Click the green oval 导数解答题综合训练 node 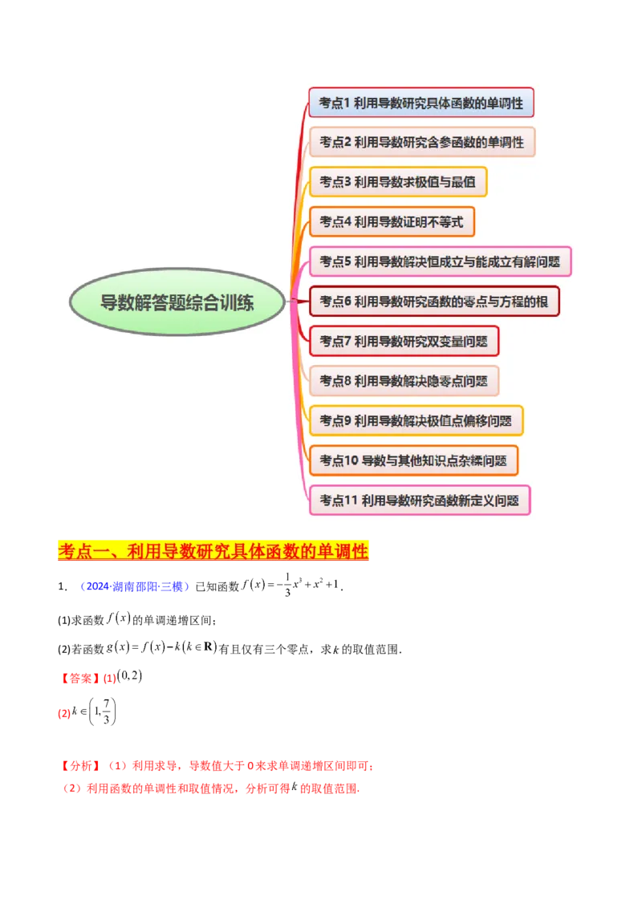(177, 302)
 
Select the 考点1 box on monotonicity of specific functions (421, 103)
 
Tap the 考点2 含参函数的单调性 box (421, 142)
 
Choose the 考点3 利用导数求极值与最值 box (397, 182)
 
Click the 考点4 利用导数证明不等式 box (392, 221)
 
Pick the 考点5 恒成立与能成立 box (440, 261)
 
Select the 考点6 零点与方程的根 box (433, 302)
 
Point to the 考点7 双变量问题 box (404, 341)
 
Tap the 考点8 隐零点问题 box (404, 381)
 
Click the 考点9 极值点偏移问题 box (416, 420)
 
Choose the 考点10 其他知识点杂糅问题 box (413, 460)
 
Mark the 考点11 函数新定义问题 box (419, 500)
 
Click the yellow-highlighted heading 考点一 (213, 551)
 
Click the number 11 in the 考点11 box (350, 501)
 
